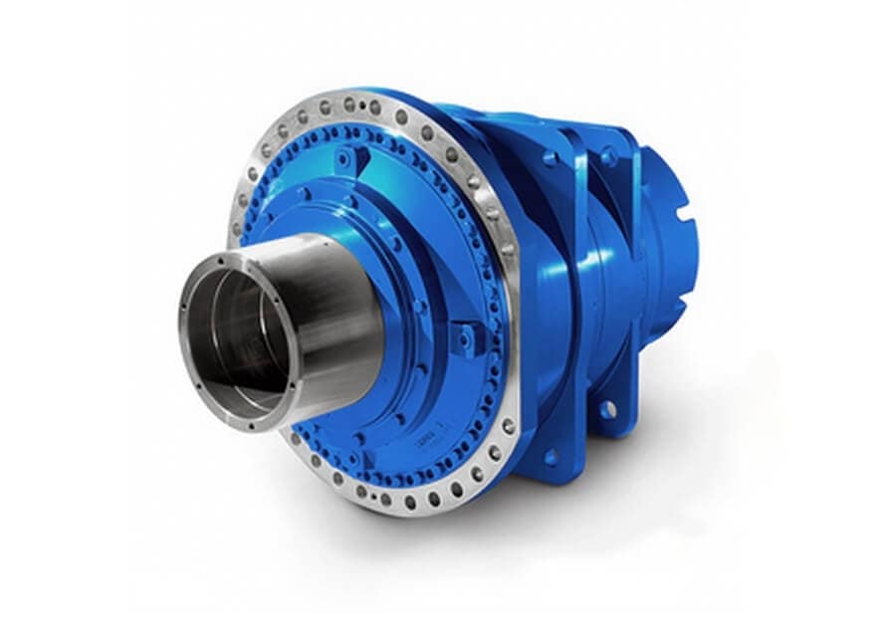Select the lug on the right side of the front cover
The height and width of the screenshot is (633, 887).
click(x=464, y=340)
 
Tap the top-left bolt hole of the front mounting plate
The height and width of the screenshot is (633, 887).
click(x=551, y=158)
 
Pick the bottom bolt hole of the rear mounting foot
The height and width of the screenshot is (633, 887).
click(x=607, y=408)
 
